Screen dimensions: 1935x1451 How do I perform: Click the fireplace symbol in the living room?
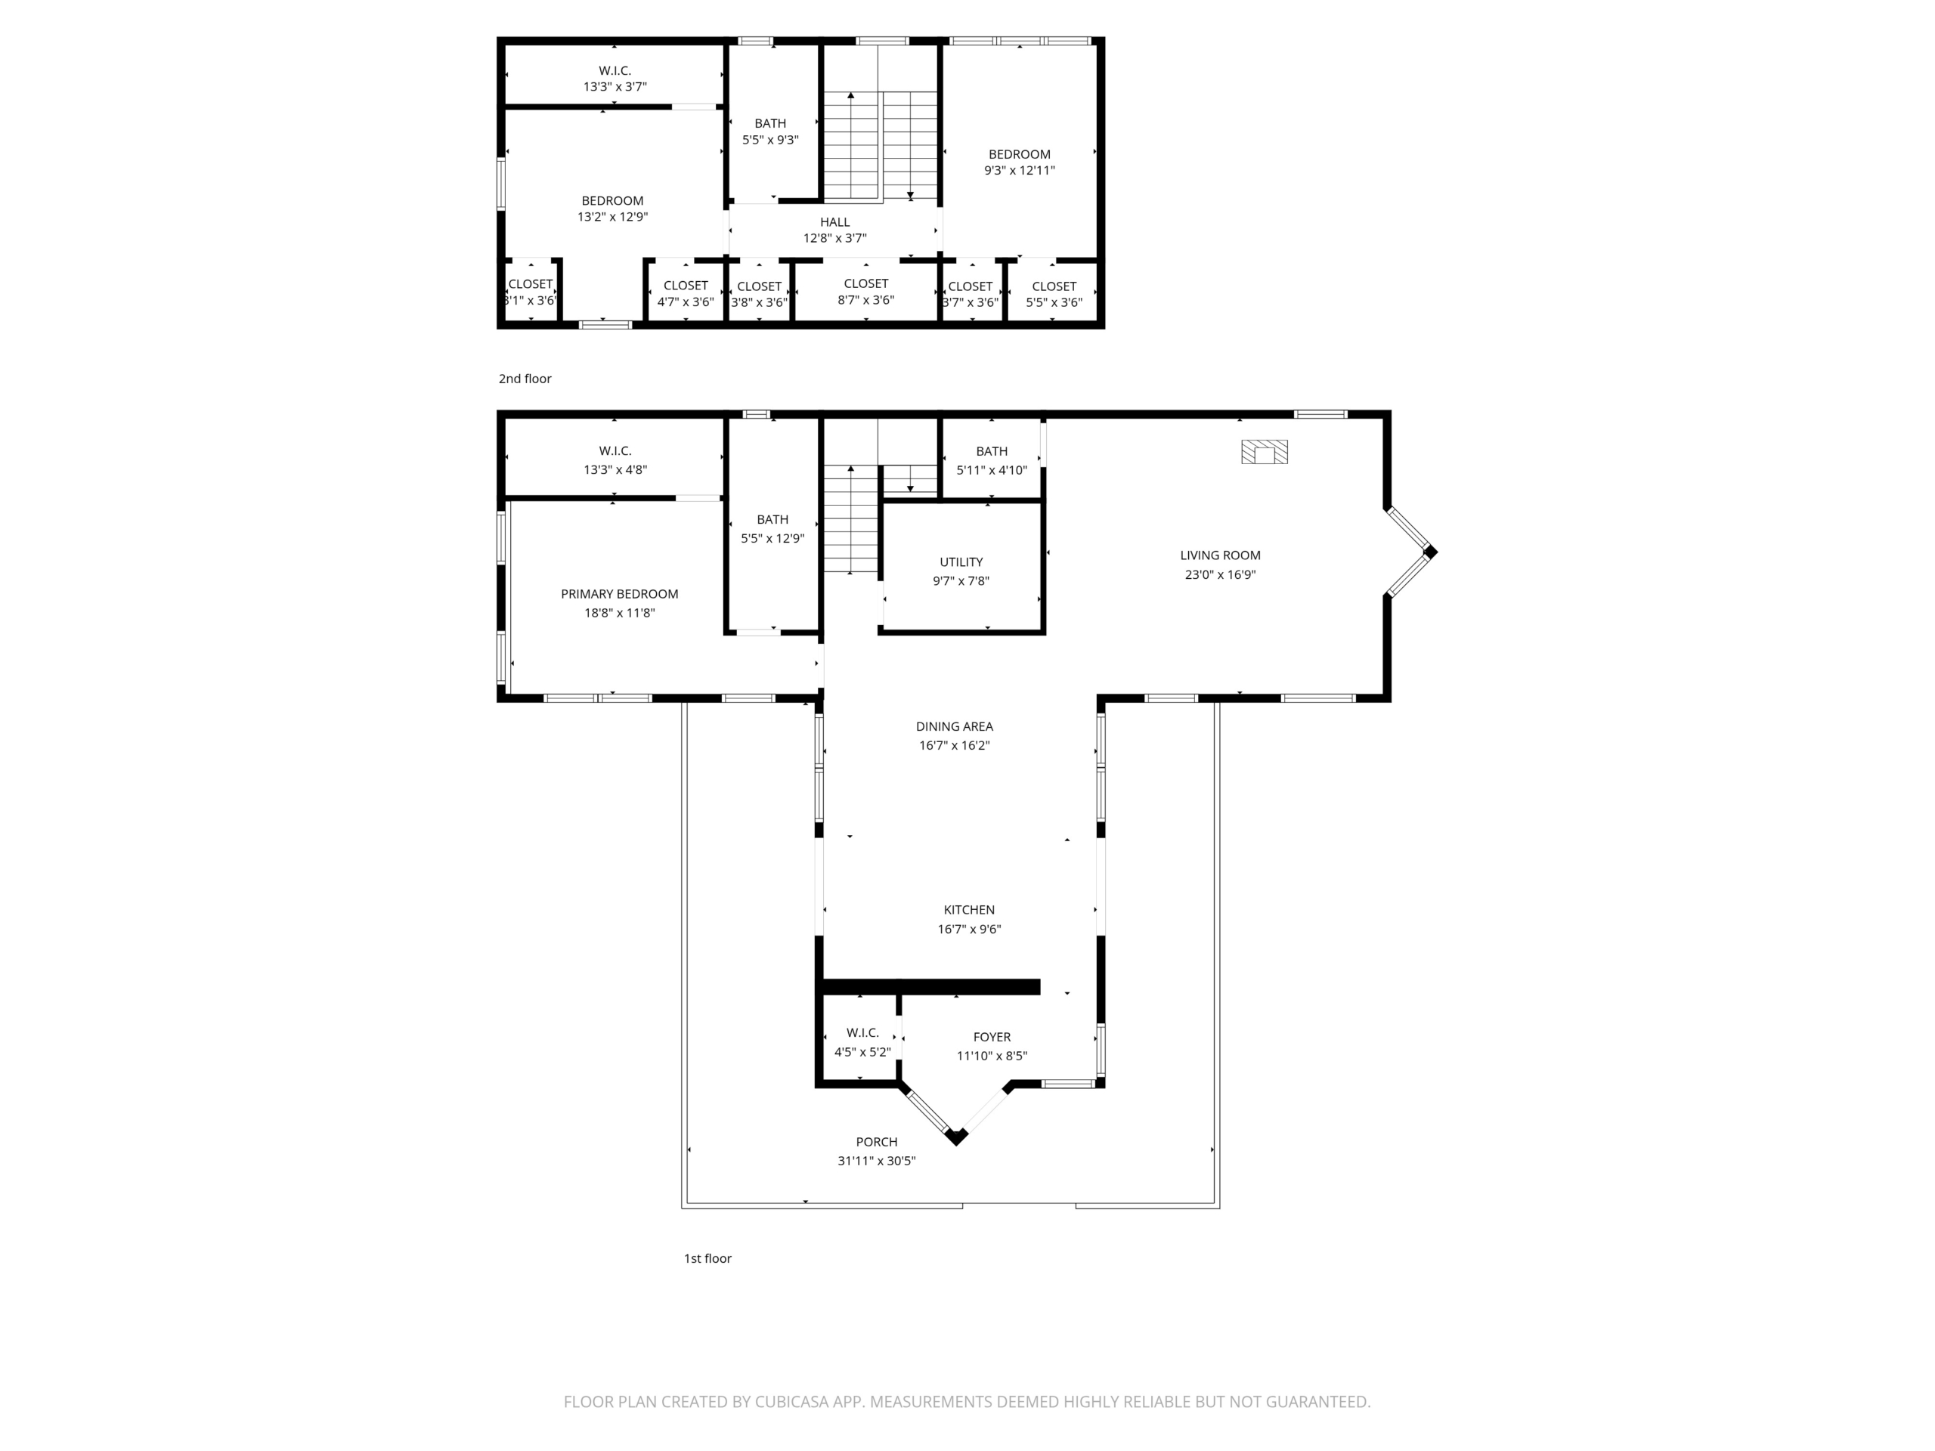(x=1264, y=451)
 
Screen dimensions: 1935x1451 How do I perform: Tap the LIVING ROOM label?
(x=1219, y=555)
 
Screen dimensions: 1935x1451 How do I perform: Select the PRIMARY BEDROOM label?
(x=619, y=594)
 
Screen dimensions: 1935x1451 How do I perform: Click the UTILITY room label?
(x=961, y=562)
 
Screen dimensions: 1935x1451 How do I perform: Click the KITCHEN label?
(x=968, y=910)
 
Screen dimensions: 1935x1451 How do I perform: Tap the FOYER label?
(x=991, y=1038)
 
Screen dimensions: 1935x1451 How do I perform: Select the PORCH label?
(x=877, y=1141)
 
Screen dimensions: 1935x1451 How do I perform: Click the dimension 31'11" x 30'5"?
(x=877, y=1161)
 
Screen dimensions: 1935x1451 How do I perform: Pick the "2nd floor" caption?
(x=525, y=379)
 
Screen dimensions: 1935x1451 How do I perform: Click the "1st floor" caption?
(x=707, y=1258)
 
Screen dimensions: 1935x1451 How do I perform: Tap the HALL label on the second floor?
(x=834, y=222)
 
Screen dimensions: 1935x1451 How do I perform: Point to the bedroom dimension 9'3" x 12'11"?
(x=1019, y=171)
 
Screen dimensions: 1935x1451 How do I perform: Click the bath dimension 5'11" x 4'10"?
(x=991, y=469)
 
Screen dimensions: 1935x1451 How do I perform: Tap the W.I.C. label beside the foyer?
(x=862, y=1033)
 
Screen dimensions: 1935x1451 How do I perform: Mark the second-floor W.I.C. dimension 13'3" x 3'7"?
(x=615, y=87)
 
